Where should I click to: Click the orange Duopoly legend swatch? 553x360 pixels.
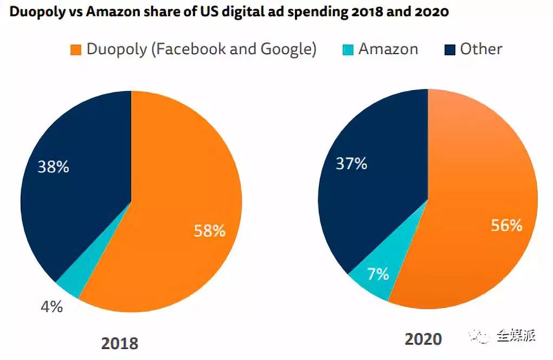tap(76, 50)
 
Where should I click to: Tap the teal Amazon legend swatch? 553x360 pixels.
tap(348, 50)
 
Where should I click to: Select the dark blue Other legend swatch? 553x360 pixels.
tap(449, 50)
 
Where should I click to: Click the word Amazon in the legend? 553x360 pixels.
tap(388, 49)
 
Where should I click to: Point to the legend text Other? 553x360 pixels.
tap(481, 49)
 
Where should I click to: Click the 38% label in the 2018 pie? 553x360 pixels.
tap(53, 167)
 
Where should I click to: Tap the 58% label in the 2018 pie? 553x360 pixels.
tap(210, 231)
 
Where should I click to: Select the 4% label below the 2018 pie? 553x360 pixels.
tap(52, 307)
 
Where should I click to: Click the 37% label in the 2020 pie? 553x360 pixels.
tap(351, 163)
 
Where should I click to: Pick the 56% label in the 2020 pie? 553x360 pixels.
tap(506, 226)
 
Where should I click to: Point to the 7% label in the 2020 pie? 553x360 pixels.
tap(378, 274)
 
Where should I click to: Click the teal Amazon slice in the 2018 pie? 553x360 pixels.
tap(69, 285)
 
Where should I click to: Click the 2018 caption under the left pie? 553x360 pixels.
tap(120, 343)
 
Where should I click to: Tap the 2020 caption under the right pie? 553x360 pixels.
tap(423, 339)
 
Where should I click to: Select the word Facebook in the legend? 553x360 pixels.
tap(188, 49)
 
